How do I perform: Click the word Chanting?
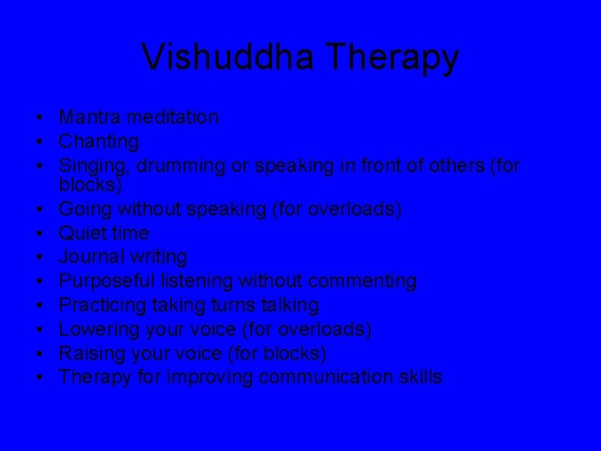click(x=98, y=142)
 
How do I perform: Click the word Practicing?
click(x=101, y=305)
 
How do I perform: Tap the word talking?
click(x=288, y=305)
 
